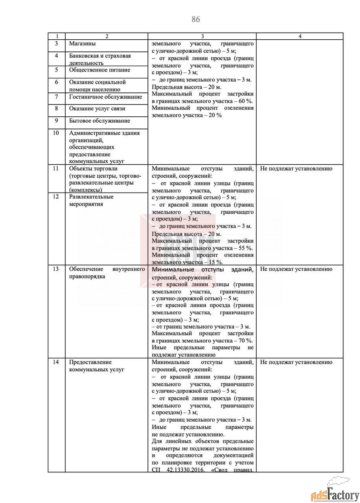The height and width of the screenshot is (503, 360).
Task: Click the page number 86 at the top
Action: [196, 19]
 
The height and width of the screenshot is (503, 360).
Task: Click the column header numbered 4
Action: [300, 36]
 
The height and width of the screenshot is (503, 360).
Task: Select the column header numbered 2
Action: [107, 36]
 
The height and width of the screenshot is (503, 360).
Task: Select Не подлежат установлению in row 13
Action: [296, 269]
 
